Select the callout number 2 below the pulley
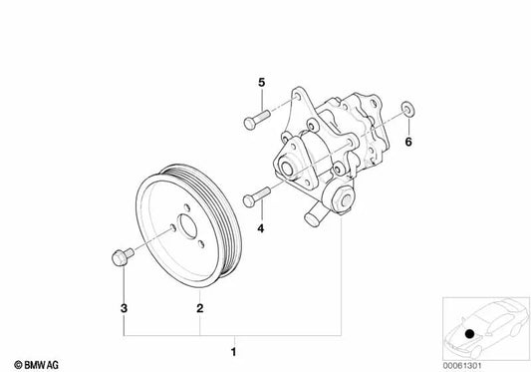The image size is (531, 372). pos(200,280)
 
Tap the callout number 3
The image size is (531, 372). pos(123,280)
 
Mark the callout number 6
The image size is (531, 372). pos(406,142)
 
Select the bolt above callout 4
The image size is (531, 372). pos(257,194)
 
